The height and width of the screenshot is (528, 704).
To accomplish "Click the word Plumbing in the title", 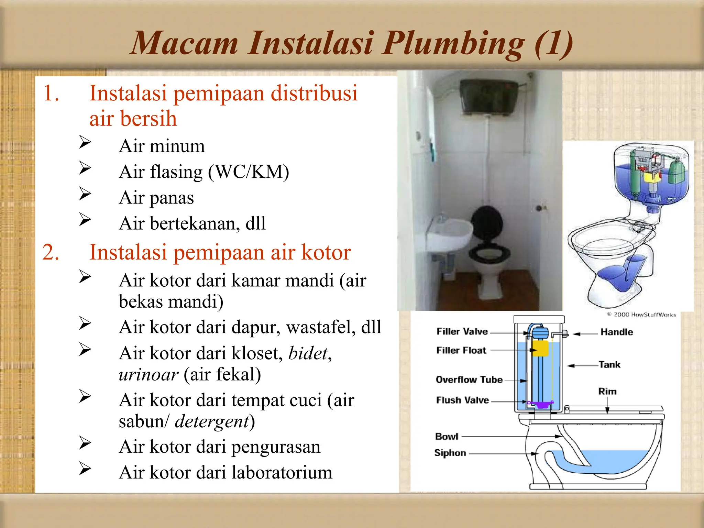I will (454, 44).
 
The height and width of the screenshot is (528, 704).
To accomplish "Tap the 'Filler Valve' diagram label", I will (462, 331).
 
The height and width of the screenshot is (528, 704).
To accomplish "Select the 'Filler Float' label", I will (461, 350).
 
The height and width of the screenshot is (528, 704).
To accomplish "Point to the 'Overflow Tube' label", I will (469, 379).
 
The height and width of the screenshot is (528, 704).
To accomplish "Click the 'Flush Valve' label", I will (462, 400).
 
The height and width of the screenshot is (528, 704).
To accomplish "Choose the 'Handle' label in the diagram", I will (617, 332).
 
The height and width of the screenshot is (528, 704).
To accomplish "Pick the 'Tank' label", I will (609, 364).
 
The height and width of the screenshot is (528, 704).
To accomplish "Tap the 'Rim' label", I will (607, 392).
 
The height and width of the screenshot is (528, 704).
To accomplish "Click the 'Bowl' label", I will (447, 437).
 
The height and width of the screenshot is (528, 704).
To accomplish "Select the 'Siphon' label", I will (450, 453).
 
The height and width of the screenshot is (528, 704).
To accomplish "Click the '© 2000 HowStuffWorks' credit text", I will (641, 315).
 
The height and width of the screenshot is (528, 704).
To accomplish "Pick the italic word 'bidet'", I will (308, 353).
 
